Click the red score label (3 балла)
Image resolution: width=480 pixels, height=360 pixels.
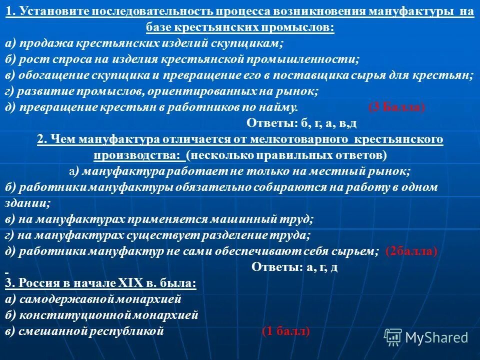(396, 107)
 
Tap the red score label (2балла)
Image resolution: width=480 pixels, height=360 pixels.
(411, 251)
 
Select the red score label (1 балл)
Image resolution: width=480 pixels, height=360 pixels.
(285, 331)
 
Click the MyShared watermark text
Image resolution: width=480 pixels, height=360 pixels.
(436, 337)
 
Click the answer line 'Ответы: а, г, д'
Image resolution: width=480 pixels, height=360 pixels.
(294, 267)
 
